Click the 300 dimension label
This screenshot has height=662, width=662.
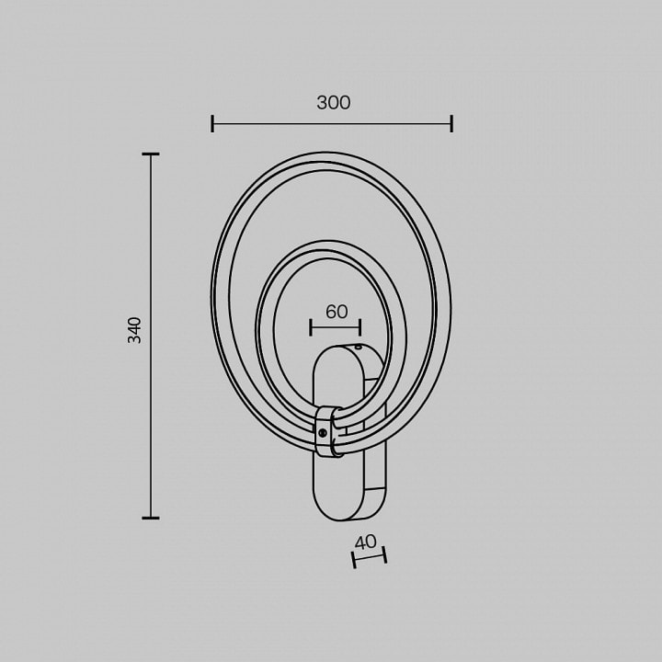click(334, 103)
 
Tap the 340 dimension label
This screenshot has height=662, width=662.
click(134, 330)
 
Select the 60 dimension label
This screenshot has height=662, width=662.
click(337, 312)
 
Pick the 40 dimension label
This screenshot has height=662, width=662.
click(366, 542)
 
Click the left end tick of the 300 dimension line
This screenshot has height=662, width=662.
click(212, 124)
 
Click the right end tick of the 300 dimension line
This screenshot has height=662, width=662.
click(451, 124)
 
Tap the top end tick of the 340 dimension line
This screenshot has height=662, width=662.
click(151, 154)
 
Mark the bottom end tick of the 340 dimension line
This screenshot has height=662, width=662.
click(151, 518)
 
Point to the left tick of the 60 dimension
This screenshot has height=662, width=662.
click(311, 327)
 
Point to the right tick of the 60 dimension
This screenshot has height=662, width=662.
click(360, 327)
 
